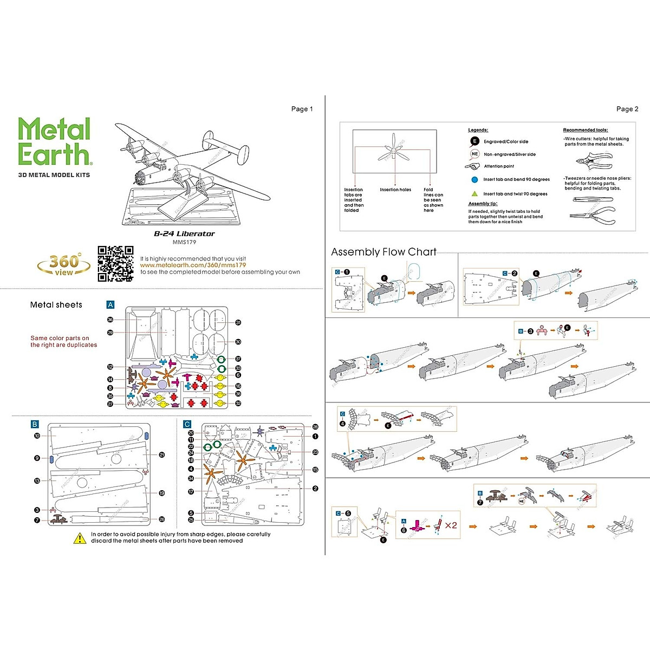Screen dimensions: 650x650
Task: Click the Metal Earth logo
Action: pyautogui.click(x=54, y=142)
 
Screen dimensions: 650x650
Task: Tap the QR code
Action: pyautogui.click(x=115, y=264)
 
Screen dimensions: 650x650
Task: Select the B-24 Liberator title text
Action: pyautogui.click(x=184, y=234)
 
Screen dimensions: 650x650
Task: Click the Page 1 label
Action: pyautogui.click(x=302, y=109)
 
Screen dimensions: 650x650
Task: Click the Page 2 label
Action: pyautogui.click(x=627, y=109)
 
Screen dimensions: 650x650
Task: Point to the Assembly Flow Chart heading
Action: pyautogui.click(x=383, y=252)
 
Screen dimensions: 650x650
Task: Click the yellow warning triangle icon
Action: pyautogui.click(x=80, y=538)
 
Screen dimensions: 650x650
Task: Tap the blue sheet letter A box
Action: pyautogui.click(x=110, y=305)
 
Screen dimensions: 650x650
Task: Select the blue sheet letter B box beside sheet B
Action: pyautogui.click(x=35, y=425)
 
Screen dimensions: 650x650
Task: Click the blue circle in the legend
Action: pyautogui.click(x=474, y=179)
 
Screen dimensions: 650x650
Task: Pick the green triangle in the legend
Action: pyautogui.click(x=474, y=193)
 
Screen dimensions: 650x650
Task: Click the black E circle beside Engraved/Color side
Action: pyautogui.click(x=474, y=141)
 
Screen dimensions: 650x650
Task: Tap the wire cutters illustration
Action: pyautogui.click(x=594, y=161)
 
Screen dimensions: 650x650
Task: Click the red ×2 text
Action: pyautogui.click(x=451, y=525)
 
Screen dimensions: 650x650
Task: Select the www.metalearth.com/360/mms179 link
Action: pyautogui.click(x=193, y=265)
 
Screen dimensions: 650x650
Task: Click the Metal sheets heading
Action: pyautogui.click(x=56, y=305)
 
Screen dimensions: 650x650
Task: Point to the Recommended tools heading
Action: pyautogui.click(x=585, y=130)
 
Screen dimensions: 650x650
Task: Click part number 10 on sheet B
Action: pyautogui.click(x=37, y=435)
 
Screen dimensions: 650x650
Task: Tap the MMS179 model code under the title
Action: pyautogui.click(x=184, y=242)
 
